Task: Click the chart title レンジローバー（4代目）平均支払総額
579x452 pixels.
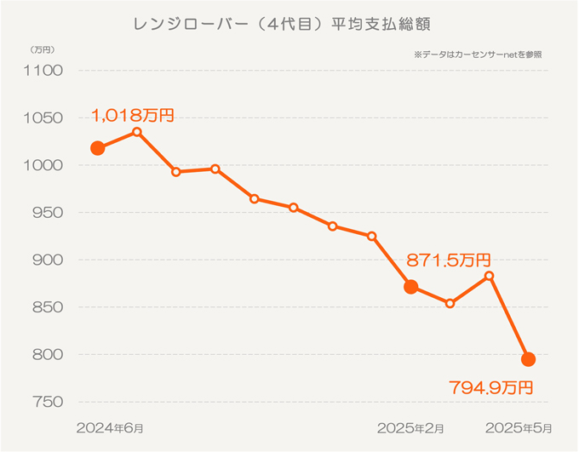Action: coord(288,23)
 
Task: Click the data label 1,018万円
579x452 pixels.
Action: coord(133,115)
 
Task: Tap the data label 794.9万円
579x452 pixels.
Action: coord(490,388)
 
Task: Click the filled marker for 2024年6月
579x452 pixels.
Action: coord(98,148)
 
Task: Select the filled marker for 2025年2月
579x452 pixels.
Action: coord(411,287)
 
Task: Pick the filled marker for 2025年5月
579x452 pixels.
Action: coord(528,359)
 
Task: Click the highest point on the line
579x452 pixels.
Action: coord(137,132)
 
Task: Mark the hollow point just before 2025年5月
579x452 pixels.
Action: coord(489,276)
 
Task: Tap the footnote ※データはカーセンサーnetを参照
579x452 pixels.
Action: coord(478,54)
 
